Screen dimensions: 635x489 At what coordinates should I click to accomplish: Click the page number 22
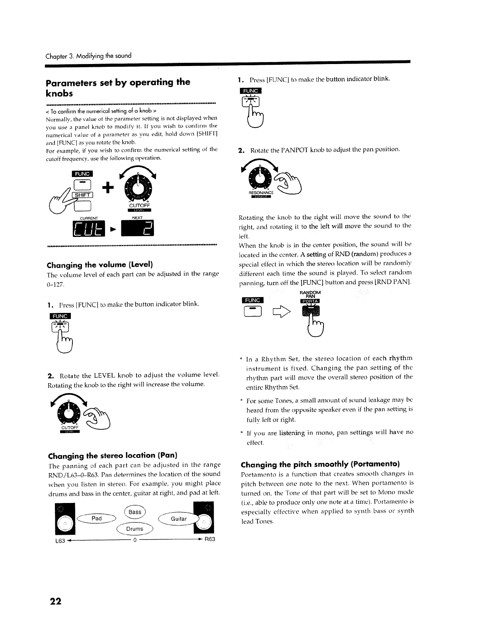pyautogui.click(x=56, y=601)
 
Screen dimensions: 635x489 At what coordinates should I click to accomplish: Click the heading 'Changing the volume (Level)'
pyautogui.click(x=100, y=265)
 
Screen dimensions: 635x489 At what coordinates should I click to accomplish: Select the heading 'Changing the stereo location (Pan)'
pyautogui.click(x=113, y=455)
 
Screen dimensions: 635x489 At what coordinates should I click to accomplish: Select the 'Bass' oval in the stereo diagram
pyautogui.click(x=135, y=512)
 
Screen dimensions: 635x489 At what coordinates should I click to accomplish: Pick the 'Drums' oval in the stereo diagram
pyautogui.click(x=135, y=529)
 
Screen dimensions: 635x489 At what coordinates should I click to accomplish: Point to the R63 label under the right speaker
pyautogui.click(x=210, y=540)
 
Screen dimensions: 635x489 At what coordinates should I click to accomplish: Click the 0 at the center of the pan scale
pyautogui.click(x=135, y=540)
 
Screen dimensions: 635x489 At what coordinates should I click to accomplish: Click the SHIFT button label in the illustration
pyautogui.click(x=82, y=194)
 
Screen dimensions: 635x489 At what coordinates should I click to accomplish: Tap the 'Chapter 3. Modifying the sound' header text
pyautogui.click(x=88, y=56)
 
